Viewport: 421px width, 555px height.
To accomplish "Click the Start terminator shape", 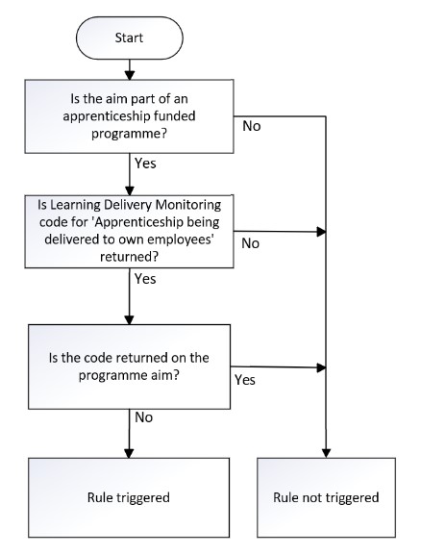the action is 130,38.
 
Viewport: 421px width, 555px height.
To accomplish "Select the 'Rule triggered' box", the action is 129,497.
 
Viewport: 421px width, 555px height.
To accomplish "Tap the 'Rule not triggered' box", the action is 326,497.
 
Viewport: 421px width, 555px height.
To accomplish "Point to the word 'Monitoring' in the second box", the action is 188,205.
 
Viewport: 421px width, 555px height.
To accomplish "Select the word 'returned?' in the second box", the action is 129,257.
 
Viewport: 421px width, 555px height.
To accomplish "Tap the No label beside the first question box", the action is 252,126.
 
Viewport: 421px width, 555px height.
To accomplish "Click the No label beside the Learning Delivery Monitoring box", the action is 251,243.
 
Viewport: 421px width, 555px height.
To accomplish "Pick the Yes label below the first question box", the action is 145,164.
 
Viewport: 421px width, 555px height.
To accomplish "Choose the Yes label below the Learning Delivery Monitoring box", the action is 145,279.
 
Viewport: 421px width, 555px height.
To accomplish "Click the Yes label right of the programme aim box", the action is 245,380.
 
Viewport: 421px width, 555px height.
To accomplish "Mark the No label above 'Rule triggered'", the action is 143,417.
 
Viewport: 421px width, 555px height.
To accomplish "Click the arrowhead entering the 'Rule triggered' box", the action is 129,453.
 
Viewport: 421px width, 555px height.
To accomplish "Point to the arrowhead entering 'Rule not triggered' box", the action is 326,453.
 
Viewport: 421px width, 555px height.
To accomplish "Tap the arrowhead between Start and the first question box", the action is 130,75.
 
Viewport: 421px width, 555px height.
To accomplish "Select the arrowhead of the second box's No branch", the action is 321,232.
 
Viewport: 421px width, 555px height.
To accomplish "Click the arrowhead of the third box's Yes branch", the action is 321,367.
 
